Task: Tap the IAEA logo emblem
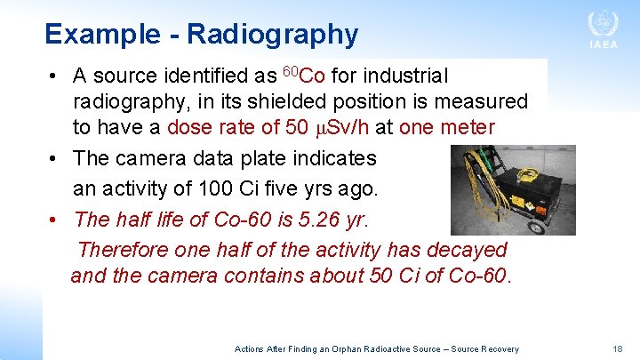603,23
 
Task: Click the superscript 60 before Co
290,70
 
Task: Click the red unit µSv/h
341,127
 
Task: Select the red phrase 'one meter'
446,127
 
